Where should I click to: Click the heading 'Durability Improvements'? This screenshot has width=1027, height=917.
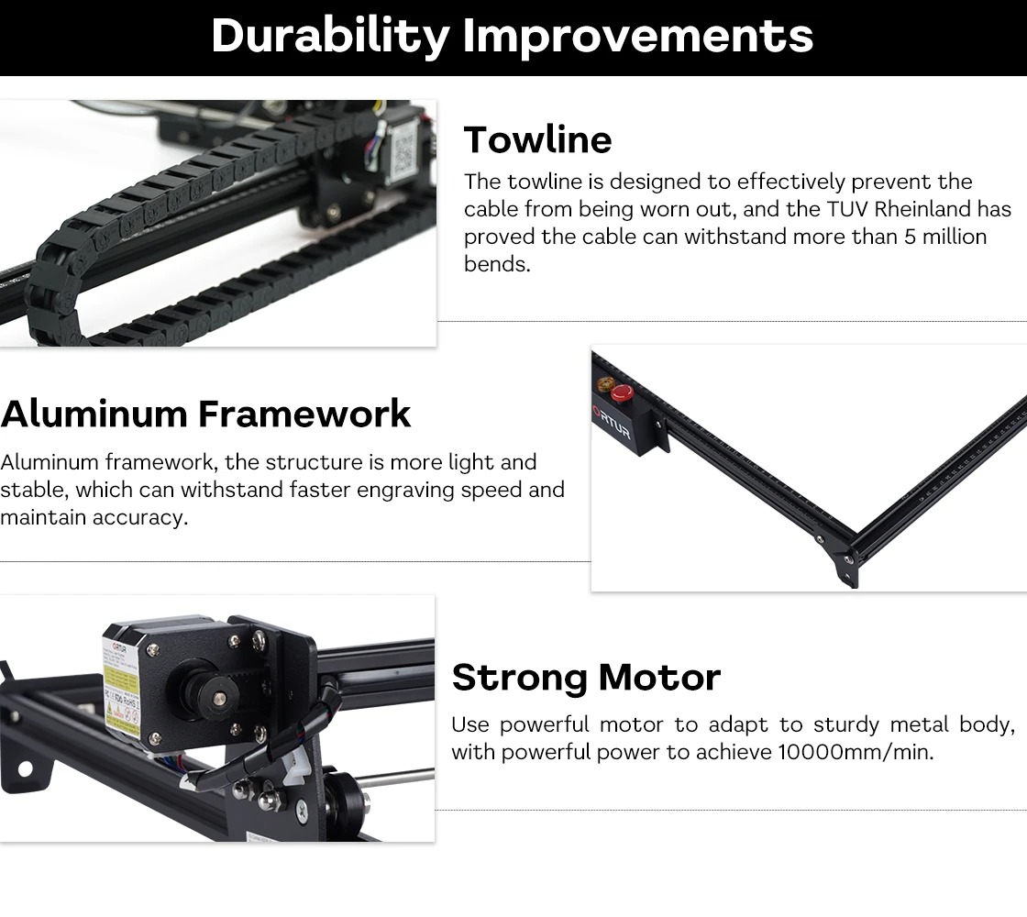click(513, 36)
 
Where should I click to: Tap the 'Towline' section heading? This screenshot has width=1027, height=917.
click(537, 139)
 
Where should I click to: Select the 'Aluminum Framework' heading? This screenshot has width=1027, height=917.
click(205, 414)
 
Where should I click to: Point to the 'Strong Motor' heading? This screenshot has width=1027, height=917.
click(586, 678)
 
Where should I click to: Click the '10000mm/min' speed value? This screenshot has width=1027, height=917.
click(856, 752)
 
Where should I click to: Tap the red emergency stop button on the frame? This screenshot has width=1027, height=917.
click(622, 393)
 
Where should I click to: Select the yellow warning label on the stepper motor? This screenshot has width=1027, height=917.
click(122, 688)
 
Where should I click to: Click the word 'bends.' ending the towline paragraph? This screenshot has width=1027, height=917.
click(497, 264)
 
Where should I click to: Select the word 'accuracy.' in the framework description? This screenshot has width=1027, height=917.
click(140, 517)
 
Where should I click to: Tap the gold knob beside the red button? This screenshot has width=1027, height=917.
click(604, 384)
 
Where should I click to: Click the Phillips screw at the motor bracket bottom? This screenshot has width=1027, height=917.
click(302, 810)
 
